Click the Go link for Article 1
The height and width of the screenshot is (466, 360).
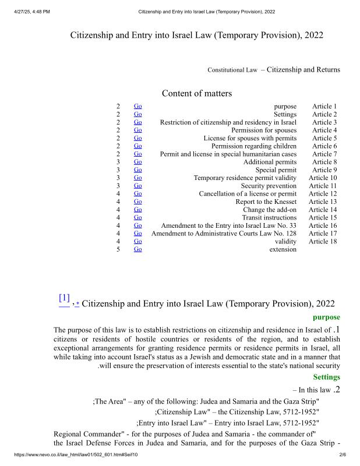[138, 107]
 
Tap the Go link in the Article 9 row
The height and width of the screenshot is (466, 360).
[138, 170]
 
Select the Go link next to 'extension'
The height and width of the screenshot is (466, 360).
[138, 249]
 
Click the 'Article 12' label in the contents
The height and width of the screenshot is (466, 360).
[323, 194]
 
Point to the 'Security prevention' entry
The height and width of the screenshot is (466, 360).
[269, 186]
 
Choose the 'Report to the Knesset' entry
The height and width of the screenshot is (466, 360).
[266, 202]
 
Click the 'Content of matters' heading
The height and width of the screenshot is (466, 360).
[196, 93]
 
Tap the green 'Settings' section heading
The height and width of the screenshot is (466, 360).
[326, 377]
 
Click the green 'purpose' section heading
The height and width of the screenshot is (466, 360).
[326, 317]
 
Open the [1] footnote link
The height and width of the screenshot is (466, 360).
[64, 298]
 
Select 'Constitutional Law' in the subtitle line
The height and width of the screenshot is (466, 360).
[232, 70]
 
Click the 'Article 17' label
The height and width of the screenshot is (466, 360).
[323, 234]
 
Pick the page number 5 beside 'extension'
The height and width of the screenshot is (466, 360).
[118, 249]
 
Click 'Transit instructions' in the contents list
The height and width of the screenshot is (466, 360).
[269, 218]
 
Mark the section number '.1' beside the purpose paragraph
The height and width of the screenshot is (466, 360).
[336, 330]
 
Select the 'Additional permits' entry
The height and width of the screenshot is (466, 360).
[270, 162]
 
